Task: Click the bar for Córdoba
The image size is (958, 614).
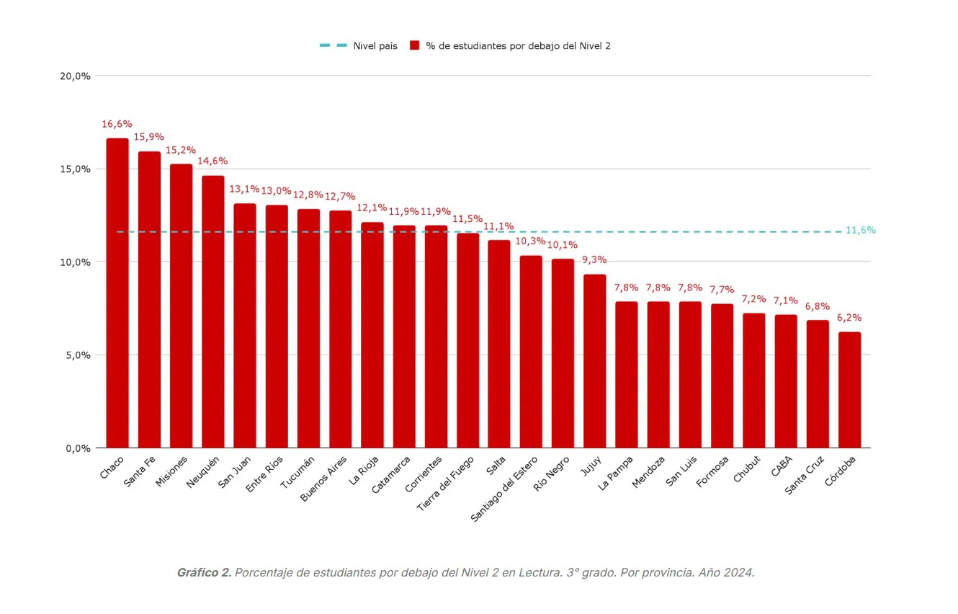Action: (x=849, y=390)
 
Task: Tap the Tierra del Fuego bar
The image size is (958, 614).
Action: (x=468, y=340)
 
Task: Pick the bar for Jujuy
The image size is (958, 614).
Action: (x=595, y=361)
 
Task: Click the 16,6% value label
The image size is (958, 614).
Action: (x=117, y=124)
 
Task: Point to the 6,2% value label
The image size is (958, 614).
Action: (x=849, y=318)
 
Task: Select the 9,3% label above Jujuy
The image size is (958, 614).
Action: (x=595, y=259)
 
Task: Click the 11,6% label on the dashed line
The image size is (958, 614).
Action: (x=860, y=231)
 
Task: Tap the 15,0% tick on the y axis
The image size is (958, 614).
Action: (x=75, y=169)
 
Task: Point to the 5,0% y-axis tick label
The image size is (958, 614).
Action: (x=75, y=355)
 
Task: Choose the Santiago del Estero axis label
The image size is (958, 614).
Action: (x=505, y=488)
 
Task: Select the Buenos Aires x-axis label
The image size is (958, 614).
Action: (x=323, y=479)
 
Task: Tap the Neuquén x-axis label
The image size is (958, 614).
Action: (x=203, y=472)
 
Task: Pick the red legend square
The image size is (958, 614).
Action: (x=415, y=45)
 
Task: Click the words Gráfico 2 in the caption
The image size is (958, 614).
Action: (x=204, y=572)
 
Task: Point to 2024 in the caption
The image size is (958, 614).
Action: (x=740, y=572)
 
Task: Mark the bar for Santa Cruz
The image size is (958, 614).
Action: (x=818, y=384)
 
